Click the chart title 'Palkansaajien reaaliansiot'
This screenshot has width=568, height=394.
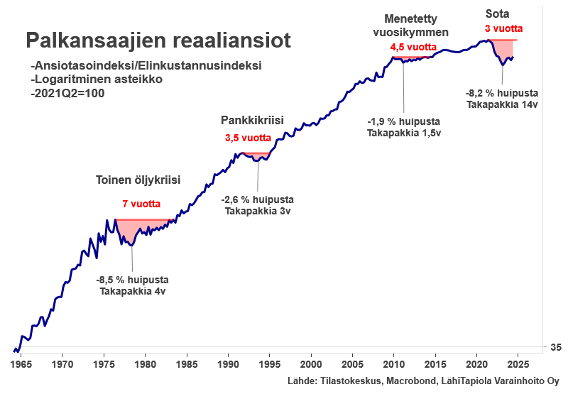(x=158, y=40)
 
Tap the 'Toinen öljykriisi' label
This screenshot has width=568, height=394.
(x=138, y=180)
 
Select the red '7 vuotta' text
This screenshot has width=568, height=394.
(x=141, y=204)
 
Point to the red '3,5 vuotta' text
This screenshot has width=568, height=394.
(x=247, y=138)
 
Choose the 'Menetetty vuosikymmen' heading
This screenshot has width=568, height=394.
(x=416, y=26)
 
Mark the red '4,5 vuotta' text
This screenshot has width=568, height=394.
(x=413, y=48)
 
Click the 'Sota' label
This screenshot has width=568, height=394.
(x=496, y=13)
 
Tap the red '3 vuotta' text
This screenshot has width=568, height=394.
(x=503, y=29)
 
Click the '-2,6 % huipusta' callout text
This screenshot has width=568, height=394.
(x=257, y=199)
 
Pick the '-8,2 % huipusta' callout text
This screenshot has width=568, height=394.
(x=502, y=93)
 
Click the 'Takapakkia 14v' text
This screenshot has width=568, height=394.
(x=502, y=104)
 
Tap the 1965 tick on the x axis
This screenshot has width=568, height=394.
(x=21, y=361)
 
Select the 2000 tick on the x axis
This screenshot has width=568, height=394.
(x=311, y=361)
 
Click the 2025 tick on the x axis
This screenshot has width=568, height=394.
(x=518, y=361)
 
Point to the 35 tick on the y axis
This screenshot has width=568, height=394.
(x=555, y=347)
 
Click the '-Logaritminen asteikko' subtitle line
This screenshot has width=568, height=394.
(x=97, y=79)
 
